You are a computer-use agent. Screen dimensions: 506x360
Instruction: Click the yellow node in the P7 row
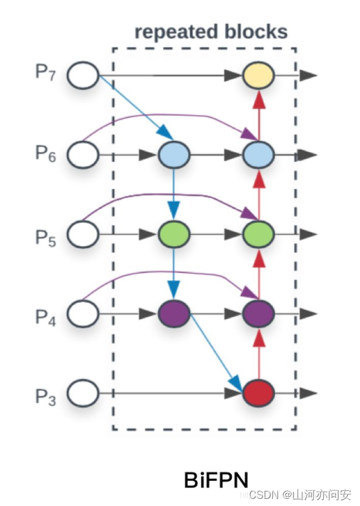click(x=258, y=76)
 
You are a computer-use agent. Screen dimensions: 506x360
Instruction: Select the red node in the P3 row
click(x=258, y=394)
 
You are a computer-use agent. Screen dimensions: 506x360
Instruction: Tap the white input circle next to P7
click(x=82, y=76)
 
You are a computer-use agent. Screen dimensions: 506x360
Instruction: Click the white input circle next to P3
click(x=82, y=394)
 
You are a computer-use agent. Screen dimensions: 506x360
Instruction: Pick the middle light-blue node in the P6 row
click(x=174, y=155)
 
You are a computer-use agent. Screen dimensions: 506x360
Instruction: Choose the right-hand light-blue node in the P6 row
click(x=258, y=155)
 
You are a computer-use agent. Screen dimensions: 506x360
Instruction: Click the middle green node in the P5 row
click(x=174, y=234)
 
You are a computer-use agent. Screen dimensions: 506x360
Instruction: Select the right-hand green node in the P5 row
click(x=258, y=234)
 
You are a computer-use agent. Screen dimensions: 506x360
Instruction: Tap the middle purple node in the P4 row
click(x=174, y=313)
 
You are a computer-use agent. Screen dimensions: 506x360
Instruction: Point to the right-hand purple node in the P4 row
click(x=258, y=313)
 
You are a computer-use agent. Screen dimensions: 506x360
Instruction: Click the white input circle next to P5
click(x=82, y=234)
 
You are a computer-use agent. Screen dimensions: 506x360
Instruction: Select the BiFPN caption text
click(x=216, y=479)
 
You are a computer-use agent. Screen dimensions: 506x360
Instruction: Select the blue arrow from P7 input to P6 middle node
click(x=133, y=108)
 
